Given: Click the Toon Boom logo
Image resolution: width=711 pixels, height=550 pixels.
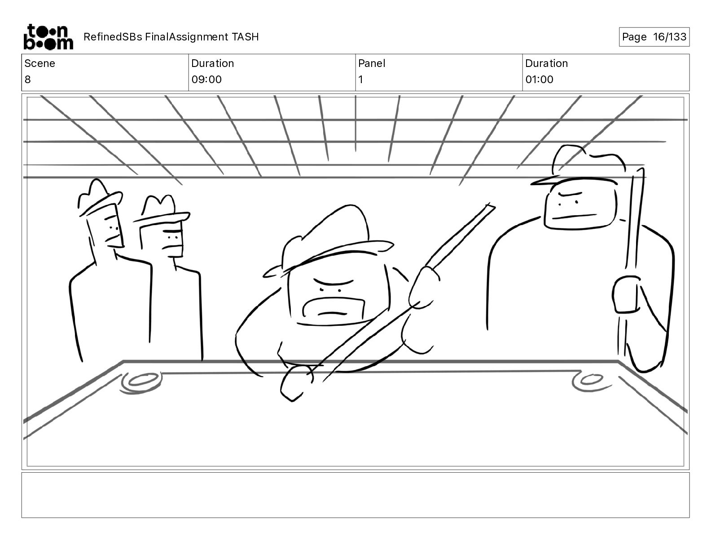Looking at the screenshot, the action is pyautogui.click(x=48, y=36).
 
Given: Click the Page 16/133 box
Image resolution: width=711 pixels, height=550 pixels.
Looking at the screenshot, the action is pyautogui.click(x=654, y=37).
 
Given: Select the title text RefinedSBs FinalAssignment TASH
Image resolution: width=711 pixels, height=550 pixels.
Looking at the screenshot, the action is pyautogui.click(x=171, y=37).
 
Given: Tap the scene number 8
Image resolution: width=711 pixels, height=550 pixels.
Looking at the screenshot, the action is pyautogui.click(x=28, y=80).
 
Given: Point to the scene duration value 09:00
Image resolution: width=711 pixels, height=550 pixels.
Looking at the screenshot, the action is pyautogui.click(x=206, y=80).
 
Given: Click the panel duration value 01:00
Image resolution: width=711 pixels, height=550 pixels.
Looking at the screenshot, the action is pyautogui.click(x=539, y=80).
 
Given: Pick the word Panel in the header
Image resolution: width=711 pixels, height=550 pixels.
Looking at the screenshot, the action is pyautogui.click(x=372, y=63).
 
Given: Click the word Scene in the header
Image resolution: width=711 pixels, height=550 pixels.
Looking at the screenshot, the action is pyautogui.click(x=39, y=63).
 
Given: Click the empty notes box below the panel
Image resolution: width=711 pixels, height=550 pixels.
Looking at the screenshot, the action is pyautogui.click(x=355, y=495).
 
